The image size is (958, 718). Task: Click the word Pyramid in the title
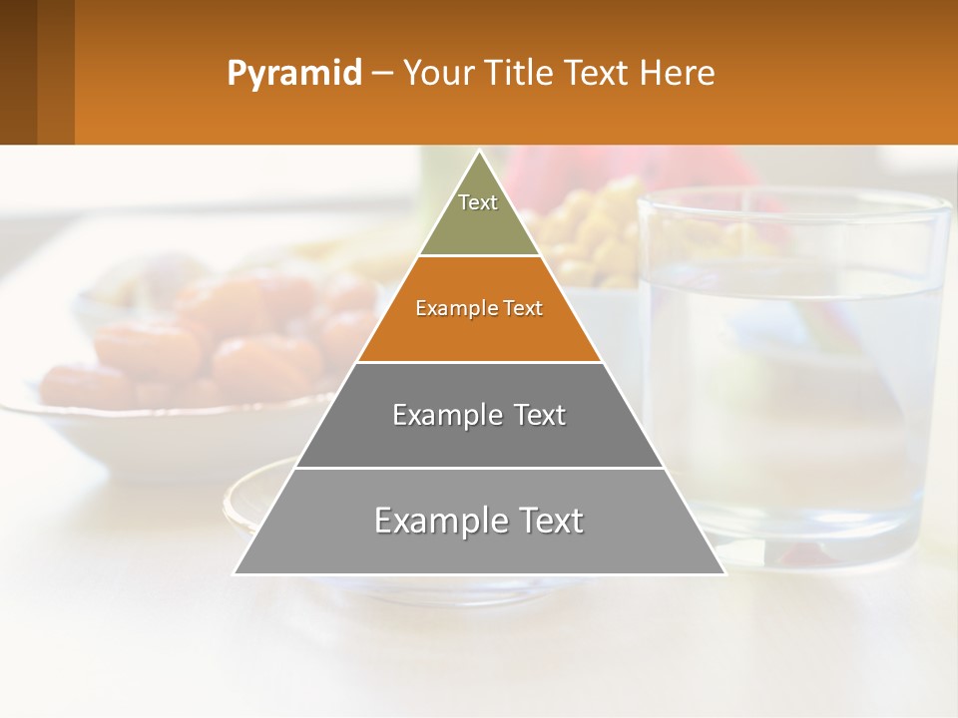(293, 74)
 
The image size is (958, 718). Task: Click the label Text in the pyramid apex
(478, 202)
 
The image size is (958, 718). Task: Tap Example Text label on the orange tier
(479, 308)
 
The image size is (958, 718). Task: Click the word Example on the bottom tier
(435, 521)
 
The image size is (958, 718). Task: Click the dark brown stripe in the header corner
(18, 72)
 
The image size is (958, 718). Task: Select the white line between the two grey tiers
(479, 468)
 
